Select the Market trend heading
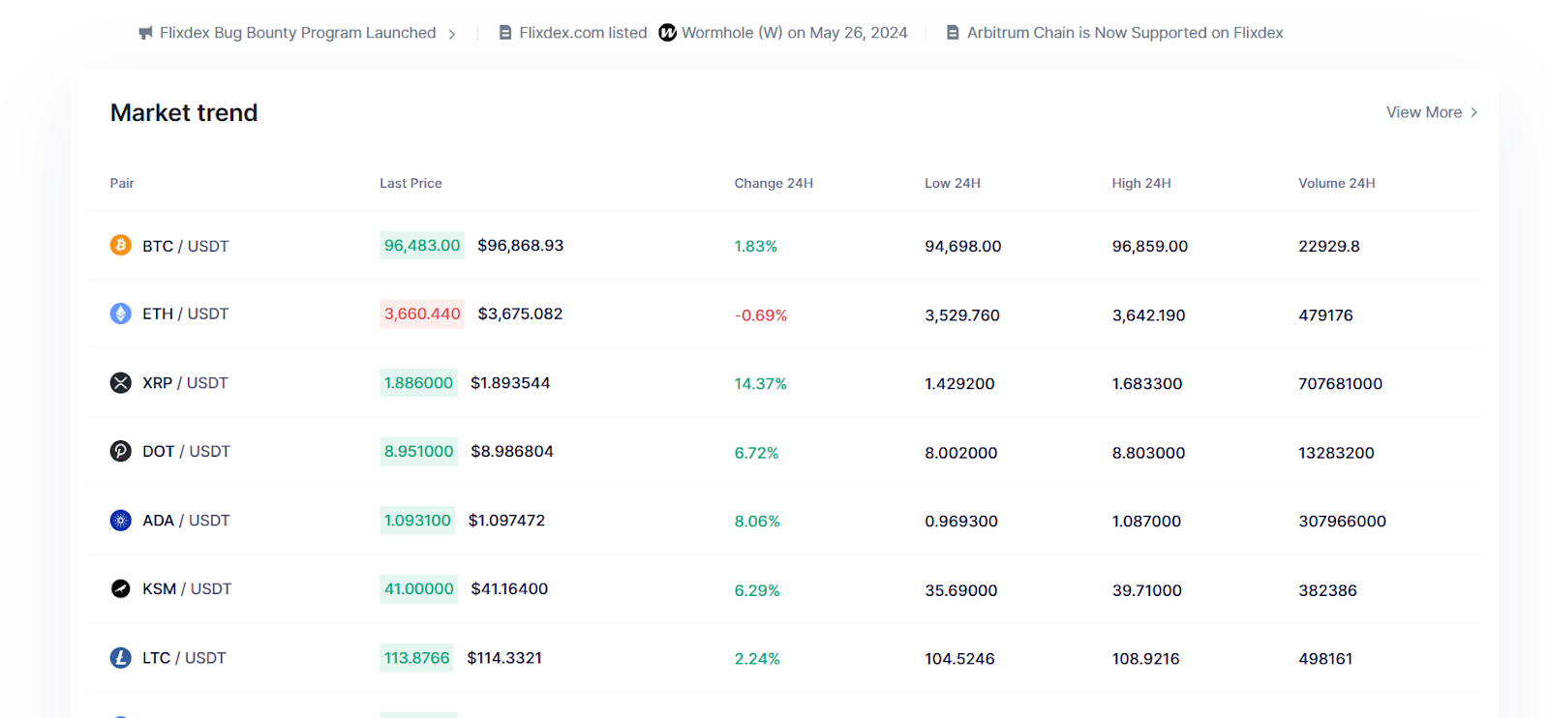tap(184, 113)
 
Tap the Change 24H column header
tap(774, 183)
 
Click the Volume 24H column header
tap(1336, 183)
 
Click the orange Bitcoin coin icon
tap(120, 245)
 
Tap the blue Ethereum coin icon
tap(120, 314)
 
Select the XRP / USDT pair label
tap(185, 383)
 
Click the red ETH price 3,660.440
tap(422, 314)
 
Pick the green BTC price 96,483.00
tap(422, 245)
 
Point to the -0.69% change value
tap(761, 315)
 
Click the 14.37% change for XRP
tap(760, 384)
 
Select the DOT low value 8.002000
tap(960, 453)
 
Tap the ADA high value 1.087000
tap(1146, 522)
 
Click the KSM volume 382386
tap(1327, 590)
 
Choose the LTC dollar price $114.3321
tap(504, 658)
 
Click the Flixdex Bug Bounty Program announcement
tap(297, 33)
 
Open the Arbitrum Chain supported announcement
tap(1124, 33)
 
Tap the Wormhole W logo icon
tap(667, 33)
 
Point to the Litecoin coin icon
tap(120, 658)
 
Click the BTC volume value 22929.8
tap(1328, 246)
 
